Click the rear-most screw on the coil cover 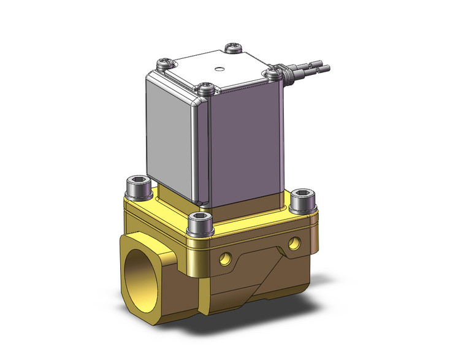tap(232, 47)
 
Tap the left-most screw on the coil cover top tap(165, 62)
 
